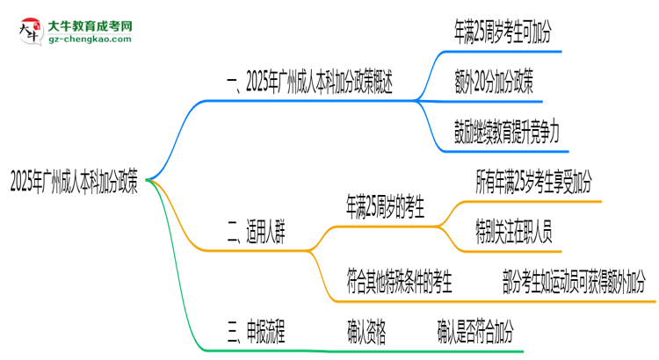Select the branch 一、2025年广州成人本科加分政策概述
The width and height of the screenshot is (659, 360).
click(310, 84)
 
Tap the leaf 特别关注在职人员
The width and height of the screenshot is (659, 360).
click(512, 232)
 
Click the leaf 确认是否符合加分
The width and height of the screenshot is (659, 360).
click(475, 331)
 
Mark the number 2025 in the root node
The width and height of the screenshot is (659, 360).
click(21, 182)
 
